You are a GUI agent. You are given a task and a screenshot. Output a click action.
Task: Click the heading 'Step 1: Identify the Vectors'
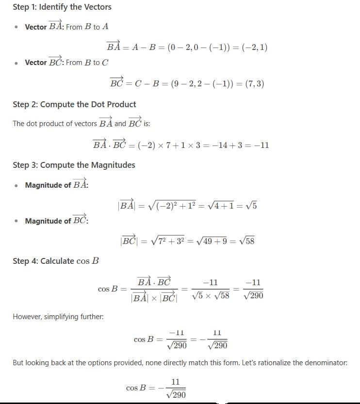click(62, 7)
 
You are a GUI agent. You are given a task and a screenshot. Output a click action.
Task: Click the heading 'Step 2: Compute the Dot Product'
click(74, 104)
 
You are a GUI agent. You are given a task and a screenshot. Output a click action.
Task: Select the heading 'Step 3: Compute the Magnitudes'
click(74, 165)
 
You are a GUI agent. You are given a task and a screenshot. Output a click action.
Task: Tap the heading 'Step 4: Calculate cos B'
click(56, 261)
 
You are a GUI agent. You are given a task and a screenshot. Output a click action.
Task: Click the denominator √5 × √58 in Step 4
click(210, 295)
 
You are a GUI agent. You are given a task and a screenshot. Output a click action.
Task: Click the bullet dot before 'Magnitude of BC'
click(17, 221)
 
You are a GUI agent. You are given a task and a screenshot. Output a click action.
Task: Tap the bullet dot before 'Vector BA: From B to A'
click(17, 27)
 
